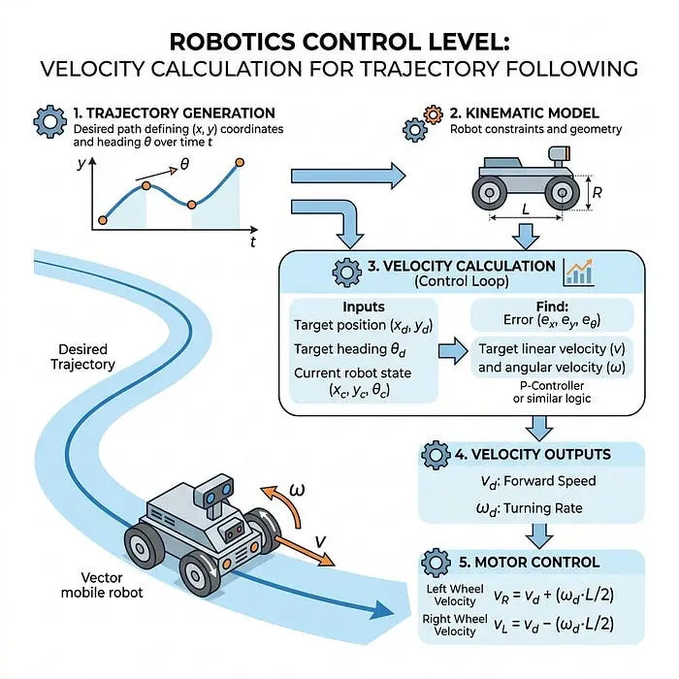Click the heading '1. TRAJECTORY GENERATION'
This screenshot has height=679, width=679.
point(174,113)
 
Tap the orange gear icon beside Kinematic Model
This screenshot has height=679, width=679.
point(433,114)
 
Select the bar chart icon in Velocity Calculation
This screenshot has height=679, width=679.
point(578,273)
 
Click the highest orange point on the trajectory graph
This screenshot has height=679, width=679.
point(240,163)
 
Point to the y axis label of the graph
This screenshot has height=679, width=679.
point(81,164)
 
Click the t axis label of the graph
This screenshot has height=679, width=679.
point(253,242)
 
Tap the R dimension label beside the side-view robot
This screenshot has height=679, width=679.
point(597,193)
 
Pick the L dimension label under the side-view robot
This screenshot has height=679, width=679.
point(526,210)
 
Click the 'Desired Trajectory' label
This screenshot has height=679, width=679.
point(82,357)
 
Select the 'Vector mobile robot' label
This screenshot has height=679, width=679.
point(102,585)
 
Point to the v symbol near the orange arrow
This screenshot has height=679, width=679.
point(320,541)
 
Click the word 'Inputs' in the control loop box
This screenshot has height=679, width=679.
point(364,307)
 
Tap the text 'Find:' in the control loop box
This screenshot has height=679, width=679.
point(552,307)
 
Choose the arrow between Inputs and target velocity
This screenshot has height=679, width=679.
point(453,351)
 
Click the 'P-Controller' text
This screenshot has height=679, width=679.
point(552,385)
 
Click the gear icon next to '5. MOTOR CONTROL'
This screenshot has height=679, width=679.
point(436,563)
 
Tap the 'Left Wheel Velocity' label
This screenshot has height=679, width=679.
point(455,595)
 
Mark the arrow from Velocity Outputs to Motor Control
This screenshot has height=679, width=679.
point(539,535)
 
